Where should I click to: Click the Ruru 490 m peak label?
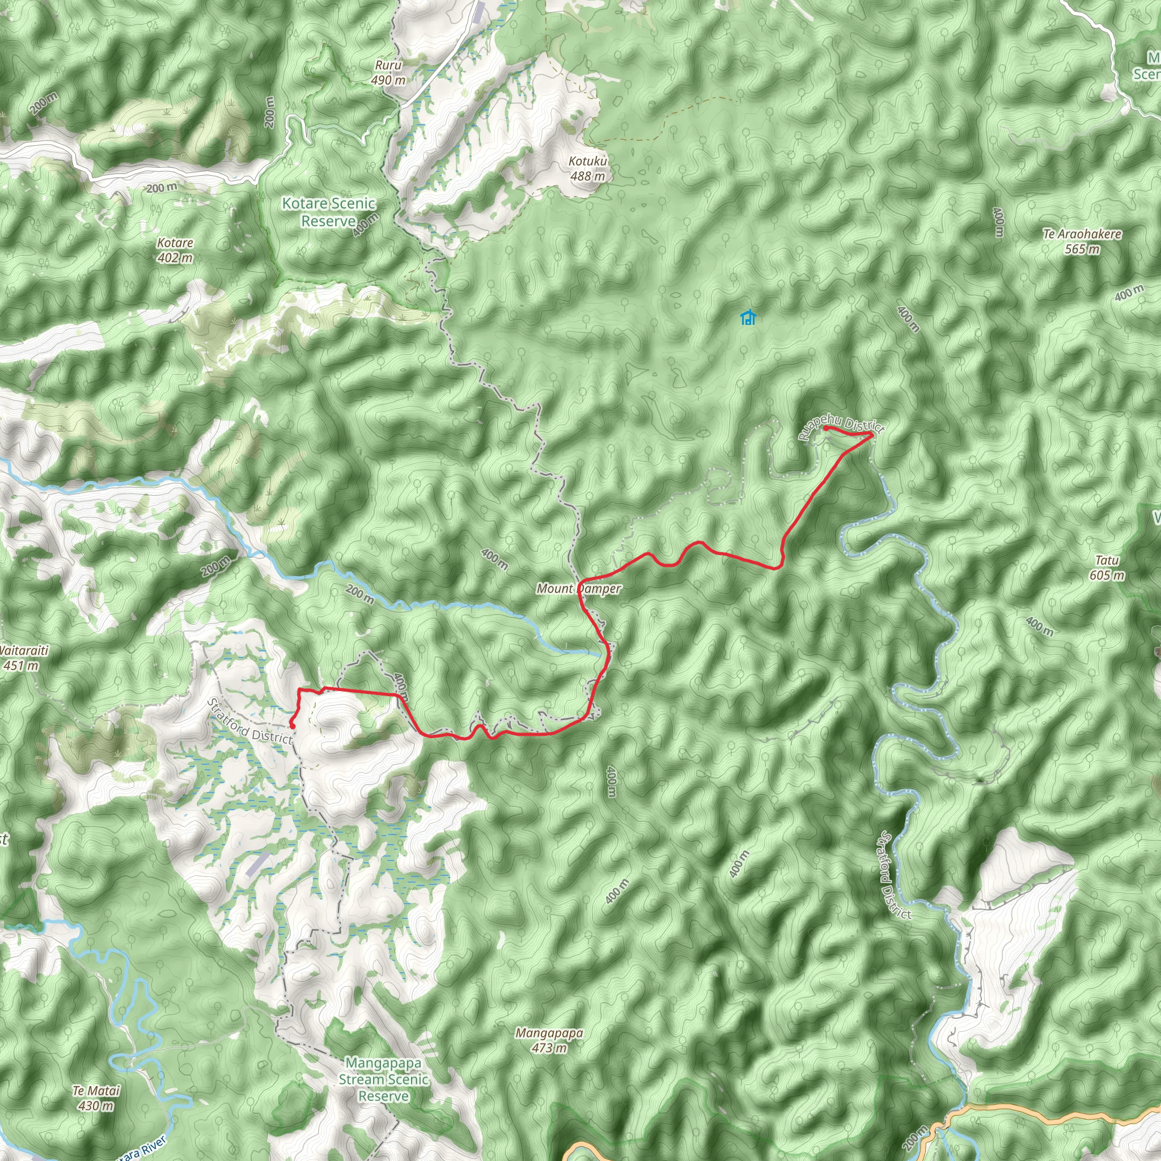(388, 72)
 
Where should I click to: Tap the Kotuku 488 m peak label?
(588, 169)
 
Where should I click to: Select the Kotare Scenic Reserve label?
(329, 212)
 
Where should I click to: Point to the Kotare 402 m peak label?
(175, 250)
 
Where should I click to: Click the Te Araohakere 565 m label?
(1082, 241)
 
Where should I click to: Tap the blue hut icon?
(748, 317)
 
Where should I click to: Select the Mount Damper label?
(579, 588)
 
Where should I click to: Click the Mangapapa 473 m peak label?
(549, 1040)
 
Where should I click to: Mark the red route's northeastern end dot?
(827, 428)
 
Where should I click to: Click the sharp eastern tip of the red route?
(872, 434)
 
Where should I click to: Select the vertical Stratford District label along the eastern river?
(895, 875)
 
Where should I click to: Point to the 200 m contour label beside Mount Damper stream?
(360, 594)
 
